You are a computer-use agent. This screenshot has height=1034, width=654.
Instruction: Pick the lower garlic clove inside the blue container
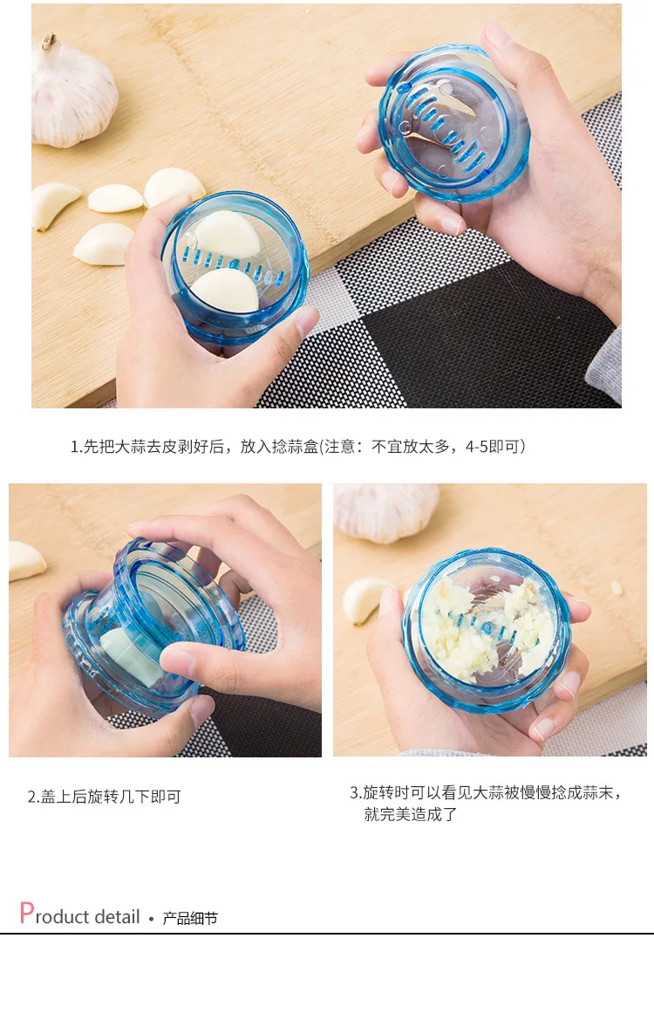pyautogui.click(x=225, y=291)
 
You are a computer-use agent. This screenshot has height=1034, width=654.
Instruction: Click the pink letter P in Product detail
pyautogui.click(x=26, y=913)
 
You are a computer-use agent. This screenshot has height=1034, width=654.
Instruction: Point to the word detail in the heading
pyautogui.click(x=117, y=916)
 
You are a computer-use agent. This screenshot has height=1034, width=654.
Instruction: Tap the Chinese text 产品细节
pyautogui.click(x=190, y=918)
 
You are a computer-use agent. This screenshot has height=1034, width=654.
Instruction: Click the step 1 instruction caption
pyautogui.click(x=298, y=447)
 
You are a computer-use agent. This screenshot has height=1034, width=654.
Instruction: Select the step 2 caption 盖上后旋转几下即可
pyautogui.click(x=104, y=797)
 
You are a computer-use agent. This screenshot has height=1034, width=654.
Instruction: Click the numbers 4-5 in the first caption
pyautogui.click(x=477, y=447)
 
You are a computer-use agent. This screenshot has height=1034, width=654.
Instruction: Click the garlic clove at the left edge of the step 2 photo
pyautogui.click(x=25, y=560)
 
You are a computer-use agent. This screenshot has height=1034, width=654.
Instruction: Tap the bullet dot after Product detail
pyautogui.click(x=151, y=918)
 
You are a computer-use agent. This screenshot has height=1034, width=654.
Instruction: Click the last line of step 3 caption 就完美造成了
pyautogui.click(x=410, y=814)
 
